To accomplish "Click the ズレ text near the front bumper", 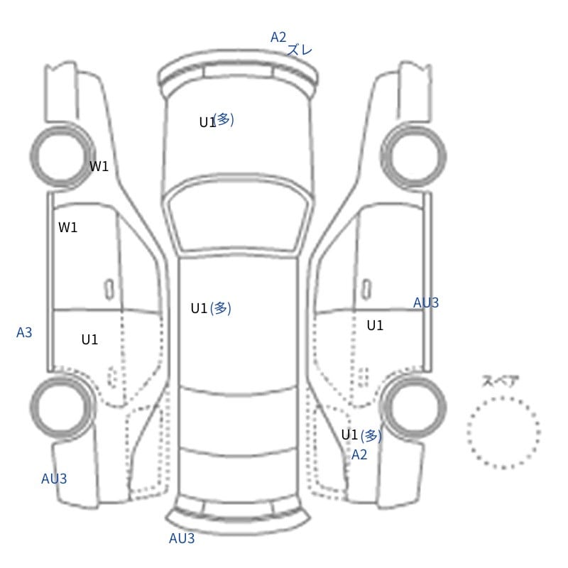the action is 299,50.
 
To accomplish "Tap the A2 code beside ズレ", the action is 278,37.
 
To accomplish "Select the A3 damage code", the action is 24,332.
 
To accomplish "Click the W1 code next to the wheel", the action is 99,166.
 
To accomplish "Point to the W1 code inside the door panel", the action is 67,227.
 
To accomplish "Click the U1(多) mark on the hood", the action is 217,121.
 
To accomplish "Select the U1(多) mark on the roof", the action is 211,308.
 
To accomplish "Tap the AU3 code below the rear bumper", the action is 182,538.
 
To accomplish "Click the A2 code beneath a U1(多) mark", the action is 359,454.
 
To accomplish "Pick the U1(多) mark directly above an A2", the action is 361,435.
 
